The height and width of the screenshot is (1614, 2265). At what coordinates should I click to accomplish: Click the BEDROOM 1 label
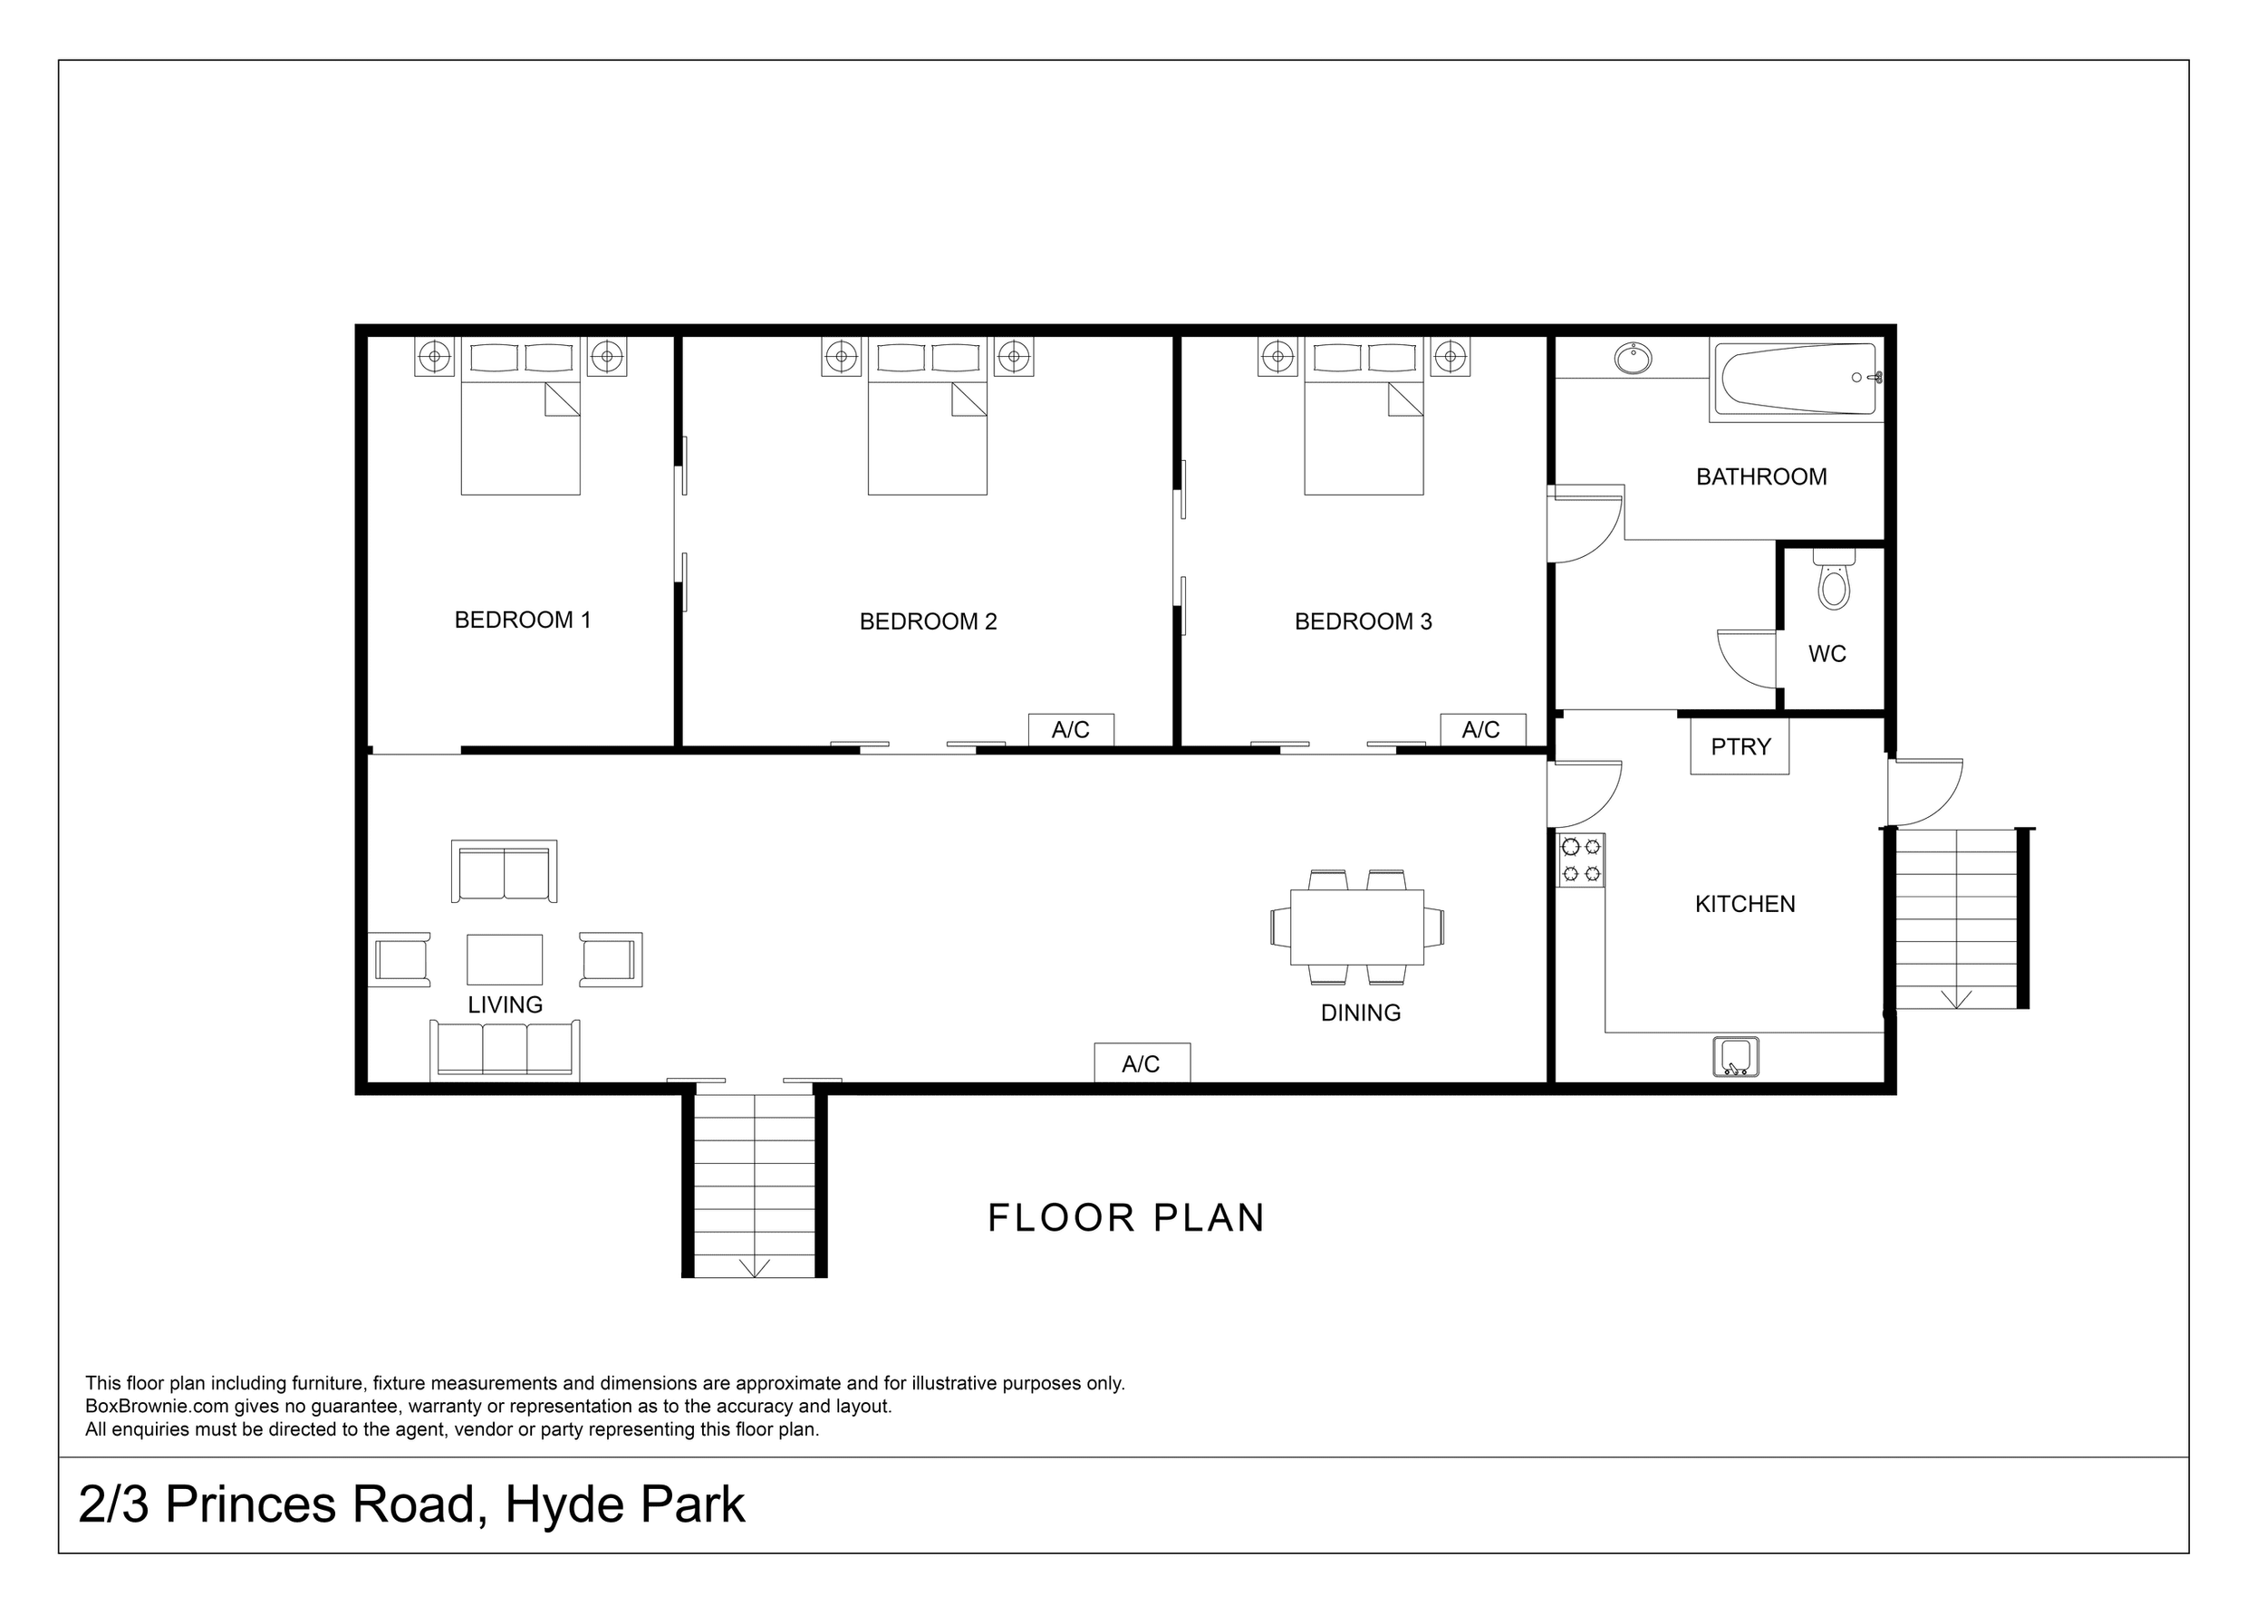(x=522, y=620)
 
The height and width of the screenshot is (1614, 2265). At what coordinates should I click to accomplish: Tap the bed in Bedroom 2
(x=926, y=428)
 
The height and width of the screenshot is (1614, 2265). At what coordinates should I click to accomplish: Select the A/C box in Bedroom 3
(x=1482, y=729)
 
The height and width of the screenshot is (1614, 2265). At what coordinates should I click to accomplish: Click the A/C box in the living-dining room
(x=1141, y=1063)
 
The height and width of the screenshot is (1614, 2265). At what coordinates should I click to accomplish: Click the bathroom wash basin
(x=1633, y=358)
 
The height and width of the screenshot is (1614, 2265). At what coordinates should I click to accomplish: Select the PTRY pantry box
(x=1740, y=746)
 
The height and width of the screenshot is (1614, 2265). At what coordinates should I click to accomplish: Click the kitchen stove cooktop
(x=1580, y=860)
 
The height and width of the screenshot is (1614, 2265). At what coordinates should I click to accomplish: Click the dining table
(x=1356, y=927)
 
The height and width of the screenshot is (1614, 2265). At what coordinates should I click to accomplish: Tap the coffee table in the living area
(x=505, y=959)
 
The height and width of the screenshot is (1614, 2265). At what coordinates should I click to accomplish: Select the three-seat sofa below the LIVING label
(x=505, y=1050)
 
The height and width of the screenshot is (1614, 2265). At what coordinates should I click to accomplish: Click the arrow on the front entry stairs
(x=755, y=1267)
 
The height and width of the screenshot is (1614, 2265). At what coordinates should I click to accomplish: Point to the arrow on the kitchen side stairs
(x=1955, y=998)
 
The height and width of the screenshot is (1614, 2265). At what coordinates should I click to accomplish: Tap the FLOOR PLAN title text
(x=1125, y=1218)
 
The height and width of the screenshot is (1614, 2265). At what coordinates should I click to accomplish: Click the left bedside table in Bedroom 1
(x=434, y=356)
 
